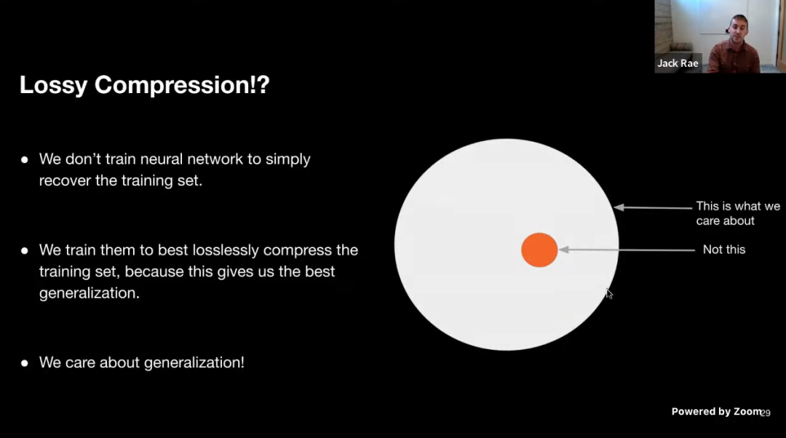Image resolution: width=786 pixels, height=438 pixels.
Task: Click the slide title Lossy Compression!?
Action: pos(144,85)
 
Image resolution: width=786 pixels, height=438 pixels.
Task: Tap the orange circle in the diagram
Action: pos(539,250)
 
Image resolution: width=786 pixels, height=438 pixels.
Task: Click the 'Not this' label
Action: pos(724,250)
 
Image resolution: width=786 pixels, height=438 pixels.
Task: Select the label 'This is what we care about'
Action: pos(738,213)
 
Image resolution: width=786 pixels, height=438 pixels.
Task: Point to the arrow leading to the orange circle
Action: pos(627,250)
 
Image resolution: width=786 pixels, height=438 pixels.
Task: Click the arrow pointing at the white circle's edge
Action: pos(653,207)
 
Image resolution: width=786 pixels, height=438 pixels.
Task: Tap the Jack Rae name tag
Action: pos(678,63)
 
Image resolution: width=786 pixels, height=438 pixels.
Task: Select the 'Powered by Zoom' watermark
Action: pos(716,411)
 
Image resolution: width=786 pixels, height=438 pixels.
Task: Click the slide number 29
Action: pos(766,413)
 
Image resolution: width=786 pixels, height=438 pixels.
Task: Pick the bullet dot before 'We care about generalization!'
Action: pos(25,363)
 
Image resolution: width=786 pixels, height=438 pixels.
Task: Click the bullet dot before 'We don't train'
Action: pos(25,160)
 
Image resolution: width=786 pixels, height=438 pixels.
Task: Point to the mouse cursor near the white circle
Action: pos(608,294)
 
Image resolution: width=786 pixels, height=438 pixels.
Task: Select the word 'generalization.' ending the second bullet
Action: pos(90,293)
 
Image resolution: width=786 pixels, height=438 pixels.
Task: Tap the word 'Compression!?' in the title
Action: pos(182,85)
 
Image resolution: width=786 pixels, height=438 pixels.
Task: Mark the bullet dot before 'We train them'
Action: pos(25,250)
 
